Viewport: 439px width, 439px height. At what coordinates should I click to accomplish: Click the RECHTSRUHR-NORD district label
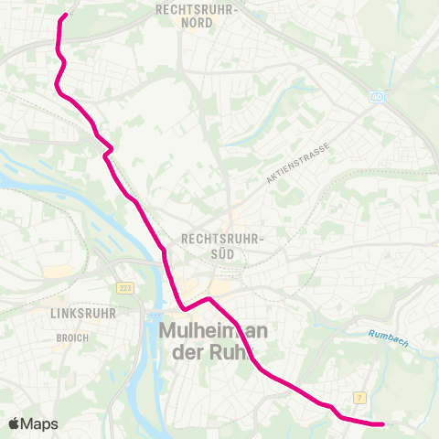point(198,16)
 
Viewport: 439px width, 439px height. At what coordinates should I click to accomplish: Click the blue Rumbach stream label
point(388,337)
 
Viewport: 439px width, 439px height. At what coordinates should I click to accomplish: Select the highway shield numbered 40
point(377,96)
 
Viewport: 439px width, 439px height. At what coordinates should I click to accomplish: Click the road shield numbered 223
point(124,287)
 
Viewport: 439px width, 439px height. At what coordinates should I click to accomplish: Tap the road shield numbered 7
point(360,397)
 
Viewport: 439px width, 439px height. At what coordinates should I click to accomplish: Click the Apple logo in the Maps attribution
point(15,423)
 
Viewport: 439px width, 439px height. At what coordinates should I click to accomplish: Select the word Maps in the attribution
point(40,424)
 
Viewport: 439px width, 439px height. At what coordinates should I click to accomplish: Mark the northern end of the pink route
point(66,15)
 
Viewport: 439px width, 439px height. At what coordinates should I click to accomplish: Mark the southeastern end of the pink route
point(382,423)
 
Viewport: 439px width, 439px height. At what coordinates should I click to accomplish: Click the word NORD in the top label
point(198,23)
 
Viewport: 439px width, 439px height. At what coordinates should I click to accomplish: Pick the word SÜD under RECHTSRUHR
point(222,252)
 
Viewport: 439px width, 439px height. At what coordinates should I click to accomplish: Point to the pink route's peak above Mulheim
point(209,299)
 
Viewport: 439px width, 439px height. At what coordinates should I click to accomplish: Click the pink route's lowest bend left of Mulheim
point(184,309)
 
